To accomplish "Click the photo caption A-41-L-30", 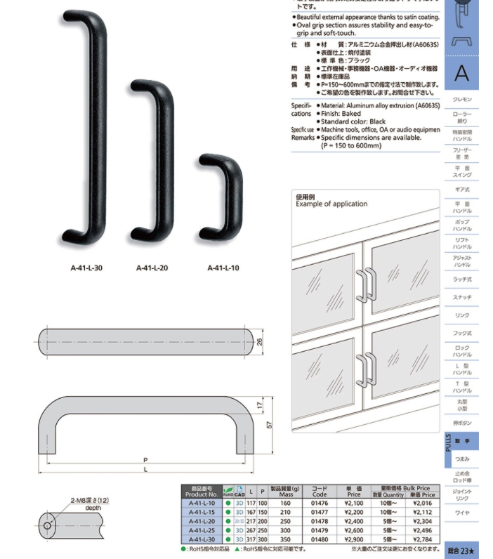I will pos(86,268).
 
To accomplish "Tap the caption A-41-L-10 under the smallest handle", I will pos(223,268).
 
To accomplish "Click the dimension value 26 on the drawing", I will pos(259,342).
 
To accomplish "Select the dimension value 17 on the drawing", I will pos(259,406).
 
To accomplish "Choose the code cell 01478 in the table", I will pos(320,521).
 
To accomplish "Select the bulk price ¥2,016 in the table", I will pos(423,504).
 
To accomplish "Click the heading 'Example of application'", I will pos(331,204).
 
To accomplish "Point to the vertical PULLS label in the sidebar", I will pos(449,442).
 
